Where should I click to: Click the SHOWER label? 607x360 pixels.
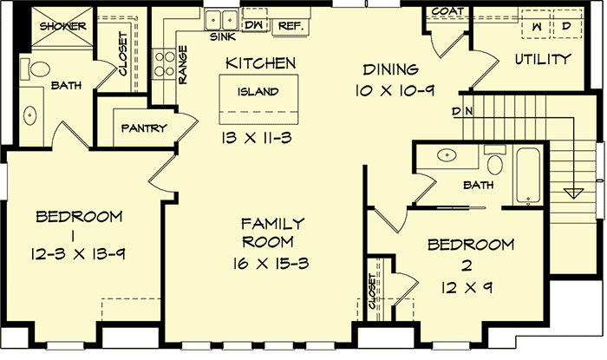tap(62, 26)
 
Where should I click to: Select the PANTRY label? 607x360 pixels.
tap(144, 128)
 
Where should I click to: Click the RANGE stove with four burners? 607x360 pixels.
tap(162, 62)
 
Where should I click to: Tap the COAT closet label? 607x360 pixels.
tap(447, 12)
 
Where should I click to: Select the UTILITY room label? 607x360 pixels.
tap(543, 60)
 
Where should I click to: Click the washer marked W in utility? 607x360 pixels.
tap(535, 27)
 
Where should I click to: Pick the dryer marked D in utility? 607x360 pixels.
tap(565, 27)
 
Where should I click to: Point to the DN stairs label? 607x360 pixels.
tap(461, 111)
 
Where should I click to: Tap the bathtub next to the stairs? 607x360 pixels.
tap(529, 176)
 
